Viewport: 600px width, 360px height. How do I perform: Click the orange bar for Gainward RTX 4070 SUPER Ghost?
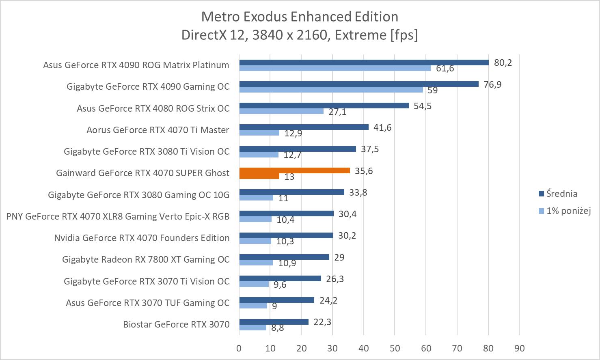294,171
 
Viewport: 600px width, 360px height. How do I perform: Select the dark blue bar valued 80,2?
364,63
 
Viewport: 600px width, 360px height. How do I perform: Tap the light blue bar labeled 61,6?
335,68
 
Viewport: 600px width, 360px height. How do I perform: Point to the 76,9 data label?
492,84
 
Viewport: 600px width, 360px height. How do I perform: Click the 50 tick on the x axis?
395,348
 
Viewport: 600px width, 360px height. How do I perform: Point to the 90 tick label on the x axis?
519,348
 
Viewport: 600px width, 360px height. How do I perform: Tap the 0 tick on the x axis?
239,348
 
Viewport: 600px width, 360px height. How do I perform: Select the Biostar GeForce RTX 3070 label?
176,324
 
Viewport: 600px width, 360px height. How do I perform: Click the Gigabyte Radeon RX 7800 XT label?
146,259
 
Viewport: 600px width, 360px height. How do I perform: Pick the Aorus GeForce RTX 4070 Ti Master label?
158,130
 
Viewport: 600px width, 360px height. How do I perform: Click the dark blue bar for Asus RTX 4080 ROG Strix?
324,106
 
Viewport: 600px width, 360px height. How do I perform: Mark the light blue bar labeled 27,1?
281,111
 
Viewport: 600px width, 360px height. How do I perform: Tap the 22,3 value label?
322,322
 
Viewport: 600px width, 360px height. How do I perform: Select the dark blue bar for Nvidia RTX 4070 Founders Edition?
286,235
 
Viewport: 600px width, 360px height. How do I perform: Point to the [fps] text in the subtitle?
403,35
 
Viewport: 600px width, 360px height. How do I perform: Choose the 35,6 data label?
364,171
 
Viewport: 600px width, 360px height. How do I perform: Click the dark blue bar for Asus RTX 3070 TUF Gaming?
276,300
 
